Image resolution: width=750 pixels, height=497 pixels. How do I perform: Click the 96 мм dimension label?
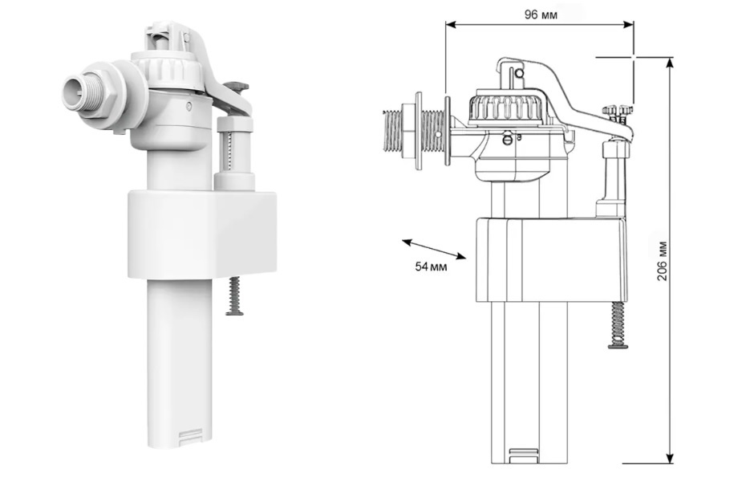pos(541,14)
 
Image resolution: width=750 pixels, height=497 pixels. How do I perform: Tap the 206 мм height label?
pos(662,261)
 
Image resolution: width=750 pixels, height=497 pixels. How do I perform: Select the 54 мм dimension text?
pos(431,267)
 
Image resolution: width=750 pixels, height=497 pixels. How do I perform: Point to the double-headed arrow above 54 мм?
pos(433,249)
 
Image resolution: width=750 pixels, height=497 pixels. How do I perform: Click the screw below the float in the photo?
pos(234,297)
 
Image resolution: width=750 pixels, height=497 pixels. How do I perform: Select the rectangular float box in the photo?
pos(202,234)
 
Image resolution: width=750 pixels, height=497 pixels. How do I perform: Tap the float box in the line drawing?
pos(551,260)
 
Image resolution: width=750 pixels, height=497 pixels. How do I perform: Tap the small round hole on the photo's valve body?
pos(189,106)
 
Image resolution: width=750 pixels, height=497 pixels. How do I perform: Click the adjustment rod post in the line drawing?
pos(613,175)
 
